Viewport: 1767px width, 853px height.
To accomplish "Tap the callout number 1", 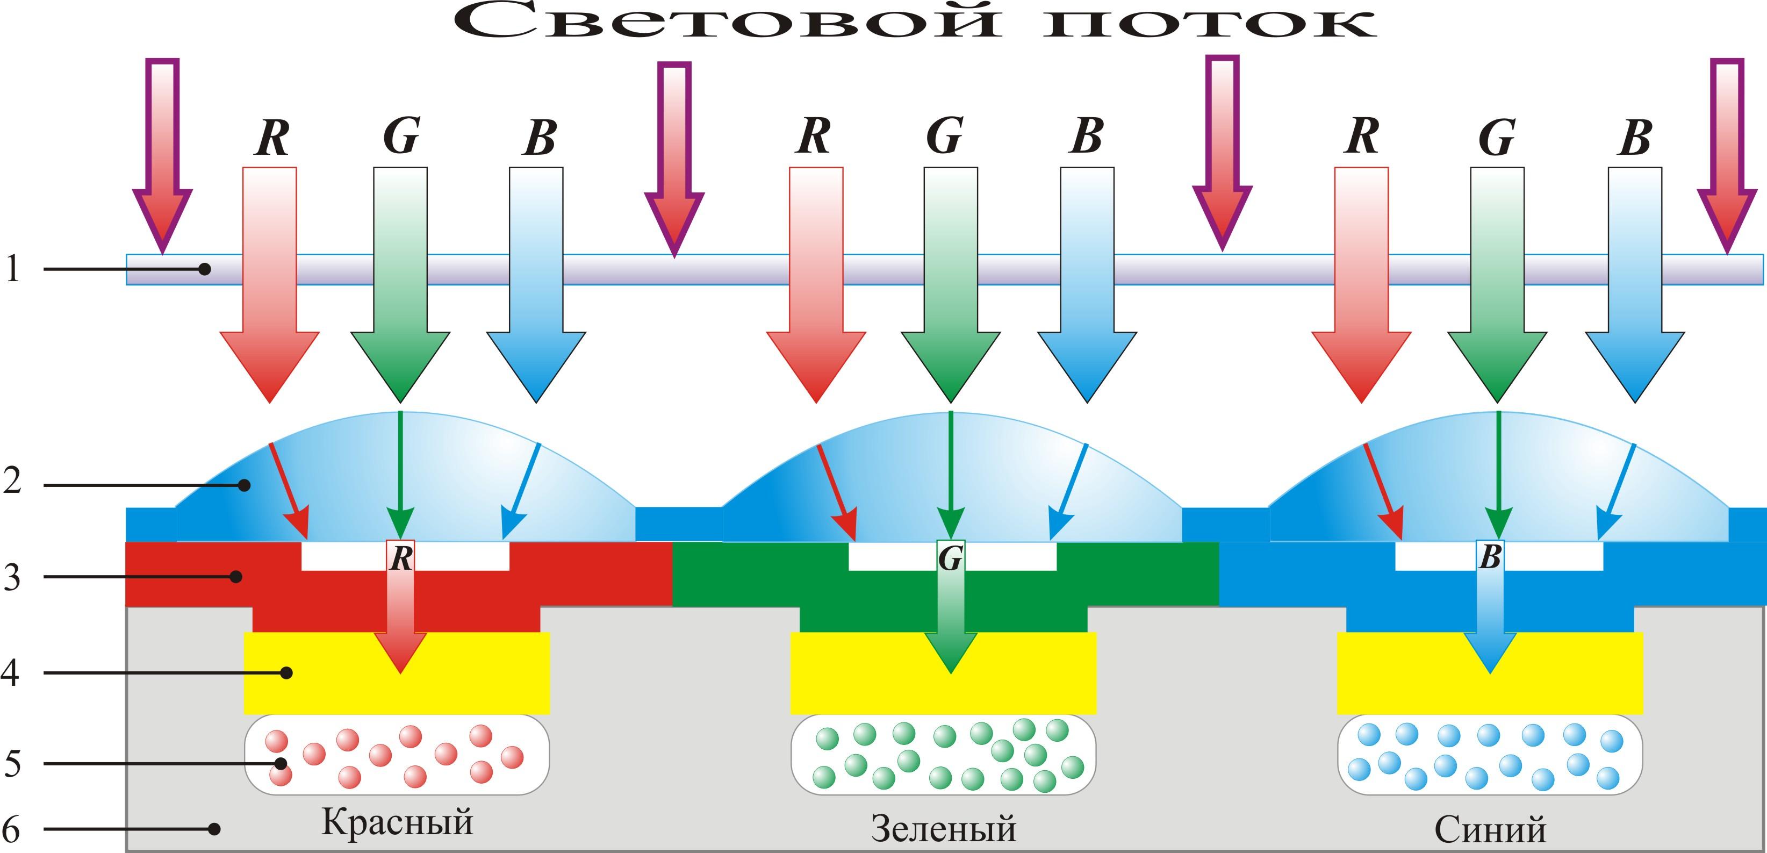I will pyautogui.click(x=12, y=268).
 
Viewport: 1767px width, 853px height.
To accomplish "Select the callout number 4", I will pyautogui.click(x=10, y=672).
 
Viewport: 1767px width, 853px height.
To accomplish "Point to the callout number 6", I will pyautogui.click(x=12, y=829).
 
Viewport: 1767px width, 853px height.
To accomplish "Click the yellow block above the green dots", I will pyautogui.click(x=943, y=686).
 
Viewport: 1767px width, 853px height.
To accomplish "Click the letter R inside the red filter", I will pyautogui.click(x=400, y=558).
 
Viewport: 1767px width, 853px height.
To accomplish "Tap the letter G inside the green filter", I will pyautogui.click(x=950, y=558).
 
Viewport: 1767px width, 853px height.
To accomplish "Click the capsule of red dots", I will pyautogui.click(x=397, y=755).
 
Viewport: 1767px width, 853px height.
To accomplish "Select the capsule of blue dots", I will pyautogui.click(x=1490, y=755).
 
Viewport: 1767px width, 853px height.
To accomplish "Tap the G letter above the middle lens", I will pyautogui.click(x=945, y=136).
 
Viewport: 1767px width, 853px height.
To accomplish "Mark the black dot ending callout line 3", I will pyautogui.click(x=236, y=576).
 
